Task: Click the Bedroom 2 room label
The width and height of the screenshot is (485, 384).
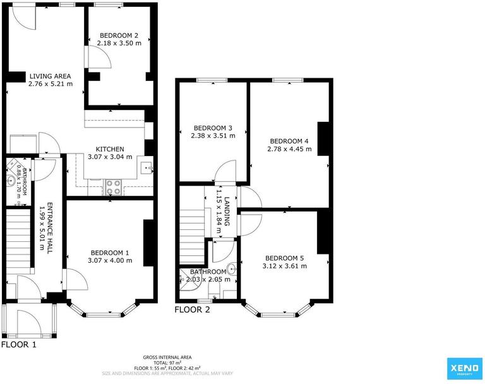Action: (119, 35)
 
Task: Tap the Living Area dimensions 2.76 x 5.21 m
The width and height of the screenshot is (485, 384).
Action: (51, 83)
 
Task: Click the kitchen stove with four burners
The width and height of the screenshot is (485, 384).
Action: (113, 186)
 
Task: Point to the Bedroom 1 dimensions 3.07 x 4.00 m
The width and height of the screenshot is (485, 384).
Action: (109, 260)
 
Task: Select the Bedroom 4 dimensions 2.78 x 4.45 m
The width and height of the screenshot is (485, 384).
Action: (290, 149)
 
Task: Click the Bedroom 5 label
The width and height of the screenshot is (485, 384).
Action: (285, 258)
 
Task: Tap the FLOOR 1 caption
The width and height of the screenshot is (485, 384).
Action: (19, 345)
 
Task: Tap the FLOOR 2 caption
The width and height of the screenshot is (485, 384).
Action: (193, 309)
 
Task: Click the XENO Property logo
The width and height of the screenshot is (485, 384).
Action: (462, 367)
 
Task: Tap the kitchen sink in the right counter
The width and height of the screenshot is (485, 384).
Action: (147, 167)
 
